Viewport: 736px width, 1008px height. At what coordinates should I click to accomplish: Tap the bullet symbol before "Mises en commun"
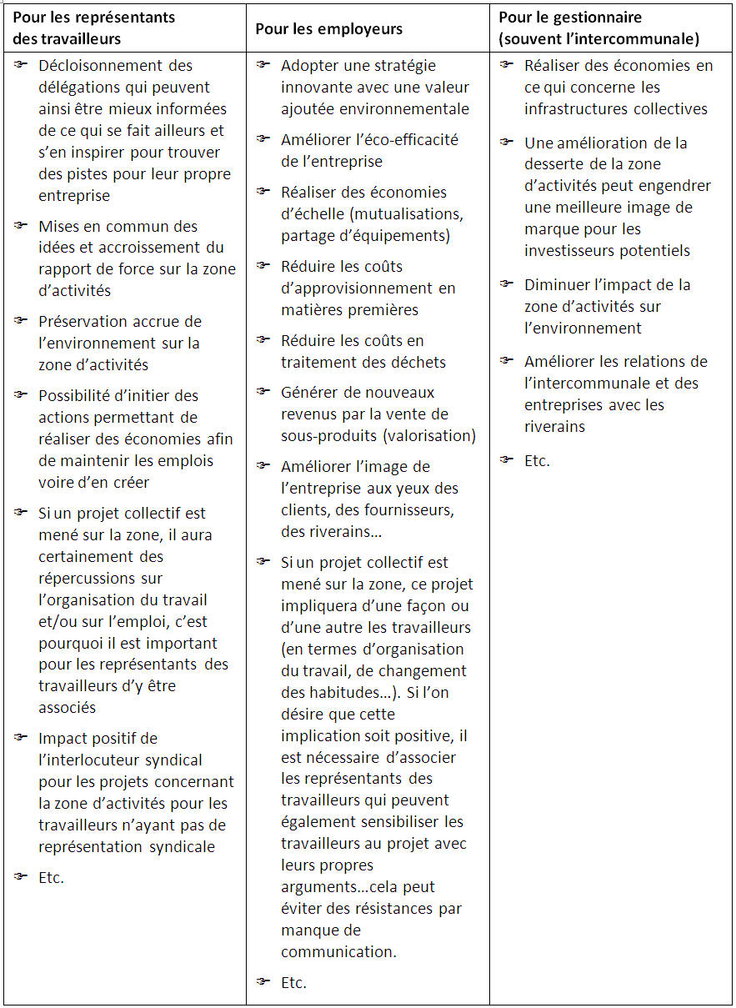[x=21, y=225]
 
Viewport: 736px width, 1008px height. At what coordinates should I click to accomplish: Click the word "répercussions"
[x=101, y=578]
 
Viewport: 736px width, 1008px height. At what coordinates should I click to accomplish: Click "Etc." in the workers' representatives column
[x=51, y=877]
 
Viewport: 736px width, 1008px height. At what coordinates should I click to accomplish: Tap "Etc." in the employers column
[x=293, y=983]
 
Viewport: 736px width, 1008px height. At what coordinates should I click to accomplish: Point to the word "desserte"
[x=553, y=165]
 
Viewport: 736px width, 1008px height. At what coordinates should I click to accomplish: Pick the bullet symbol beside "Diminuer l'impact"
[x=507, y=284]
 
